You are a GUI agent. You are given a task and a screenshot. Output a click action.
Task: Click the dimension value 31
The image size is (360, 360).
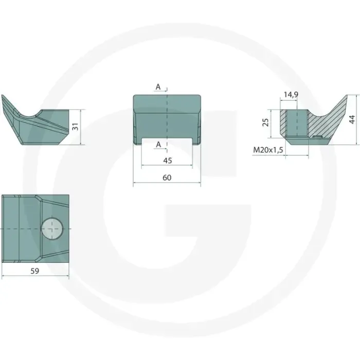click(x=75, y=127)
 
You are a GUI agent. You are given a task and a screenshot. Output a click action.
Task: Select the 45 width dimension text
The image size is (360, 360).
click(x=167, y=160)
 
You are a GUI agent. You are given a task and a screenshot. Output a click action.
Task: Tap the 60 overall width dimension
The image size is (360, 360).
click(x=167, y=178)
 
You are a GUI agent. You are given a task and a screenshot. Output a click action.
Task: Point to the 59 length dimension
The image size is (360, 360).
click(x=35, y=271)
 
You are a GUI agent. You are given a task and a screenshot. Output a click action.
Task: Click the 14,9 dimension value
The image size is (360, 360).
click(x=291, y=94)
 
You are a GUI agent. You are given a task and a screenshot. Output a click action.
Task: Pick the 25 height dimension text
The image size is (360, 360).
click(x=265, y=122)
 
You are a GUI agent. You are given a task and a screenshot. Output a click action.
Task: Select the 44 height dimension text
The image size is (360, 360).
click(x=352, y=120)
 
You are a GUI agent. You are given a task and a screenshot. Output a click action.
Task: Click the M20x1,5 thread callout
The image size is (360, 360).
click(x=268, y=150)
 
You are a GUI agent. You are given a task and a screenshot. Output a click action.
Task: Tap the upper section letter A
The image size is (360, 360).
click(x=158, y=87)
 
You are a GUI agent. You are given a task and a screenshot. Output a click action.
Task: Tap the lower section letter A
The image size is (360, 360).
click(x=158, y=145)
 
